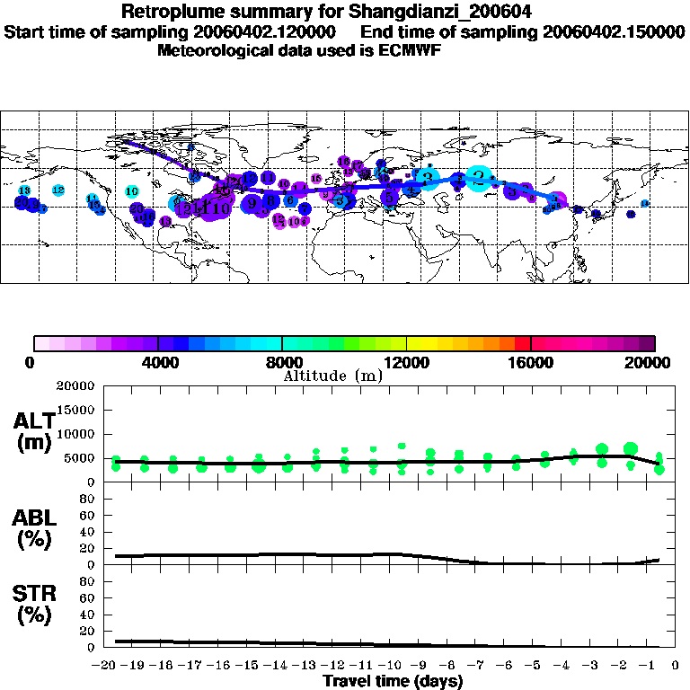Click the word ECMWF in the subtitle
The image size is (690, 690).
click(407, 49)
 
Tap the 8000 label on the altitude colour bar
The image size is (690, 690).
click(282, 363)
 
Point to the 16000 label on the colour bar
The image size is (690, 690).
click(531, 363)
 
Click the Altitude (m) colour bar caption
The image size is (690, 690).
click(333, 376)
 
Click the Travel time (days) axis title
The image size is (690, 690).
click(393, 682)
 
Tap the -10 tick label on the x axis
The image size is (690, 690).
click(393, 668)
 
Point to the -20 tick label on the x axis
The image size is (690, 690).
click(105, 668)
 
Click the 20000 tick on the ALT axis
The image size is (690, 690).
click(78, 386)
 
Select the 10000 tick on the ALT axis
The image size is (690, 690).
click(78, 434)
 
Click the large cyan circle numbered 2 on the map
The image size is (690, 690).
click(480, 177)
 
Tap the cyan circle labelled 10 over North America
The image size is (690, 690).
click(132, 191)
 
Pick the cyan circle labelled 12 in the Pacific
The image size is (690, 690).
click(58, 190)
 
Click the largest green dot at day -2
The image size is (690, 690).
click(631, 448)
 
